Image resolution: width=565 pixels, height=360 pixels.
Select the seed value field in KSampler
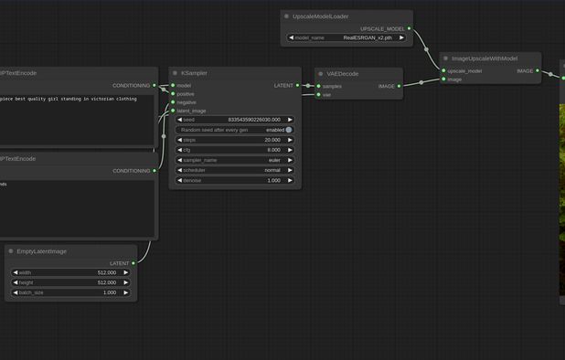click(x=235, y=120)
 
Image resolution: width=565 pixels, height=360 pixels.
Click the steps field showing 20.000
click(x=235, y=140)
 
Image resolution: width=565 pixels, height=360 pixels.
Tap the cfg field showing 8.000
click(x=235, y=150)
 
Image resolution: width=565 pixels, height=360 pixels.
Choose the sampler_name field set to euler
click(x=235, y=160)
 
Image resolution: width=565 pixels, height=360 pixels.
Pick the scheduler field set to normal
click(x=235, y=170)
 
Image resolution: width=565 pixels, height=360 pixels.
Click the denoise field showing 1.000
click(x=235, y=180)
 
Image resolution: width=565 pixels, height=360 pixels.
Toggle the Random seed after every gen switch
click(x=289, y=130)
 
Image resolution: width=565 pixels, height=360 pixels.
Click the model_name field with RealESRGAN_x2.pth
click(x=346, y=37)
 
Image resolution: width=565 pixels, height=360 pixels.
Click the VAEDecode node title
click(x=344, y=73)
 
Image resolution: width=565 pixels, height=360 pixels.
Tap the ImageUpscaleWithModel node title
click(x=485, y=58)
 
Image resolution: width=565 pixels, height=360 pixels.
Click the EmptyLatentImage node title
click(x=42, y=250)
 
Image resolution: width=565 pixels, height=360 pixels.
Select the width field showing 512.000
click(x=69, y=272)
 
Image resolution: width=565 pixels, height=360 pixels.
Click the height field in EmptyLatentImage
click(x=69, y=282)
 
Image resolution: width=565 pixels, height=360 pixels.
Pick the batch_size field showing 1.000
click(x=69, y=292)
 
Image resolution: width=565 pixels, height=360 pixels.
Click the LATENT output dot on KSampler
click(x=298, y=85)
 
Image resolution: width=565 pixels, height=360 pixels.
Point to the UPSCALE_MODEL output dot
click(x=409, y=28)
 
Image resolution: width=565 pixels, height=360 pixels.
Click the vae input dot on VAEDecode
click(x=317, y=94)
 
